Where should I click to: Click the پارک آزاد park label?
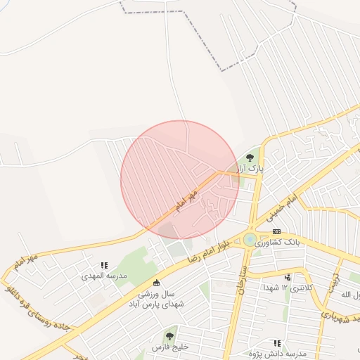249,169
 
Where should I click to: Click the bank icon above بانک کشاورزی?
276,231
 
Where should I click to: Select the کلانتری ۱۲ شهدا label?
287,288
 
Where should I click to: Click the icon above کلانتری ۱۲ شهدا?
288,277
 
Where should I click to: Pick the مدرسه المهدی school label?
103,276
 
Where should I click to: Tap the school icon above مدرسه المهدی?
104,265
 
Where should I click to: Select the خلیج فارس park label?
169,347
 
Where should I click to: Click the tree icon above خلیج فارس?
169,335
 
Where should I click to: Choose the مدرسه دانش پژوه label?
278,353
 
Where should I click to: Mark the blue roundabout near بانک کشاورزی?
249,240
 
